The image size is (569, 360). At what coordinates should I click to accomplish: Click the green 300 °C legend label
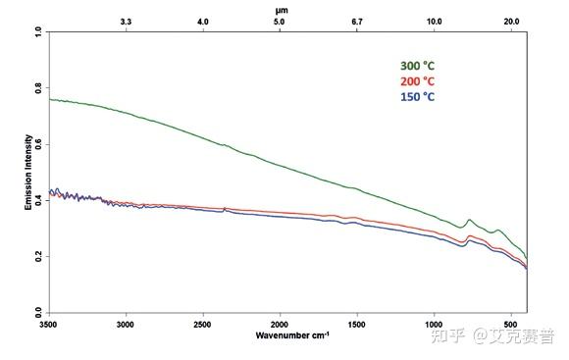415,66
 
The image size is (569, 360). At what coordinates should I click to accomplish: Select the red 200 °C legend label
415,81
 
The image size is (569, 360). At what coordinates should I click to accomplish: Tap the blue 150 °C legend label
415,97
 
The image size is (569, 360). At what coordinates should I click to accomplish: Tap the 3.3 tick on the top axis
126,21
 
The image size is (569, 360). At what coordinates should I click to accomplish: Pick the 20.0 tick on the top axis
511,21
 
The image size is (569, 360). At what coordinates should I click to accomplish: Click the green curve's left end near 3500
51,99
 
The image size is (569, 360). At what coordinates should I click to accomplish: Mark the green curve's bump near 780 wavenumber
469,221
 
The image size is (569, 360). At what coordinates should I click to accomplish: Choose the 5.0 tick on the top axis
280,21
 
